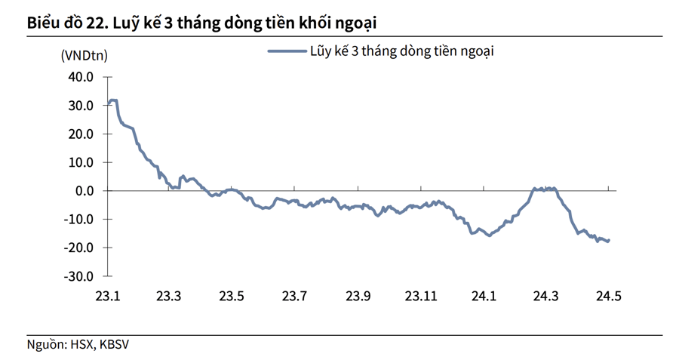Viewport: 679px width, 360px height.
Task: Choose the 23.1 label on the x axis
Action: pyautogui.click(x=109, y=296)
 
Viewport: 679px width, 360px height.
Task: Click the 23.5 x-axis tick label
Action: pyautogui.click(x=232, y=296)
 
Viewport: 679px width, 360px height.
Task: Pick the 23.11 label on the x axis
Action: pyautogui.click(x=420, y=296)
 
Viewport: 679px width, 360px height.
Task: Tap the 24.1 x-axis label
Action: pyautogui.click(x=483, y=296)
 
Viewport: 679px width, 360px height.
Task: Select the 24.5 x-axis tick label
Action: pyautogui.click(x=608, y=296)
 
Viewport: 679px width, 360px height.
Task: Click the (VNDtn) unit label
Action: pyautogui.click(x=83, y=55)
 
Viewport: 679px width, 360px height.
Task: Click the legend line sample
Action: pyautogui.click(x=286, y=51)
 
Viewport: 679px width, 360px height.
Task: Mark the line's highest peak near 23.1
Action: pyautogui.click(x=113, y=100)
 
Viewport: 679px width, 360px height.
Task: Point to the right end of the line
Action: pyautogui.click(x=608, y=241)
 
